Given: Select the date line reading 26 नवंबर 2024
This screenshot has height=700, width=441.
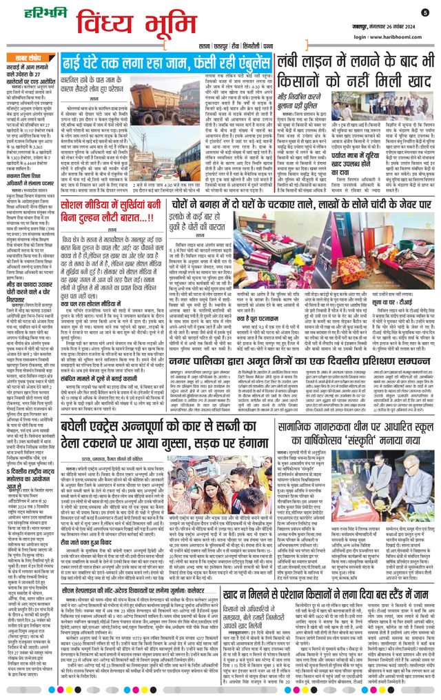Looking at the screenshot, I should tap(386, 22).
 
